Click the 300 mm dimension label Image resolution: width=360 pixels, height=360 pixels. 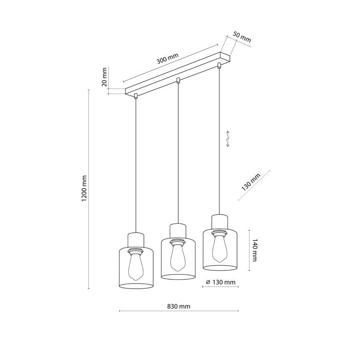(x=167, y=58)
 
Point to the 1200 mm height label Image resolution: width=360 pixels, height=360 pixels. (x=84, y=189)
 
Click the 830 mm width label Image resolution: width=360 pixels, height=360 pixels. (x=179, y=306)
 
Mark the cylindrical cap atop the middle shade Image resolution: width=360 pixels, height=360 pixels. (x=178, y=231)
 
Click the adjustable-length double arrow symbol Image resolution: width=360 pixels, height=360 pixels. (x=228, y=139)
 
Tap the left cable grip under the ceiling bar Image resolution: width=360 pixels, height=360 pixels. (x=136, y=96)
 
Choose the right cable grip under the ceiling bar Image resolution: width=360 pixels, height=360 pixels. (x=219, y=65)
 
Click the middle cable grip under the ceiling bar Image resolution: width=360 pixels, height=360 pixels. (x=178, y=80)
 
